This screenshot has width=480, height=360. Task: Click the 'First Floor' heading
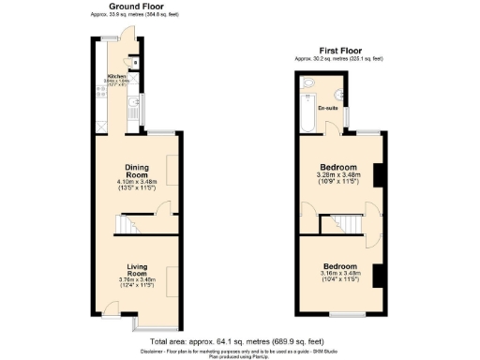pyautogui.click(x=339, y=51)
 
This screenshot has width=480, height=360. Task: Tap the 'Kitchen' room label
pyautogui.click(x=115, y=76)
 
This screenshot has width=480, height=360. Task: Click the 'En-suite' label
pyautogui.click(x=328, y=108)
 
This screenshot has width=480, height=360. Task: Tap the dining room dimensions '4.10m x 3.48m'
pyautogui.click(x=138, y=181)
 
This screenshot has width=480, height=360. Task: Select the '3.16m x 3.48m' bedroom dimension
pyautogui.click(x=339, y=272)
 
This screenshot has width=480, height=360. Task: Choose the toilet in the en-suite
pyautogui.click(x=308, y=85)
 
